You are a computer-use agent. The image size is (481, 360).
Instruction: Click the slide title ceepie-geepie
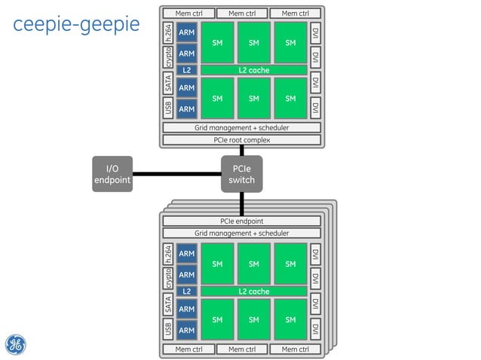(76, 24)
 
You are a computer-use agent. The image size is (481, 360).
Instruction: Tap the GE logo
(17, 344)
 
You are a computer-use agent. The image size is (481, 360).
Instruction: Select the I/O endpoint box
(112, 174)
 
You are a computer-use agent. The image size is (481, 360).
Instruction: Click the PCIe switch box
(241, 174)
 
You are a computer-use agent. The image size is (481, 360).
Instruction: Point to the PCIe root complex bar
(242, 139)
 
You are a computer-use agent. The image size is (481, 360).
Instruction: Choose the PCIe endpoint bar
(242, 221)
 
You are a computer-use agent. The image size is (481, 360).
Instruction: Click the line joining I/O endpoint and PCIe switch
(177, 174)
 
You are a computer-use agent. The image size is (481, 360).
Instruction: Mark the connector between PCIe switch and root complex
(242, 151)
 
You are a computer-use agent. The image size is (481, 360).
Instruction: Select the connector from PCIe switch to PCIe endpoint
(242, 202)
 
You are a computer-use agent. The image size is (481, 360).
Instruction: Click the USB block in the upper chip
(168, 108)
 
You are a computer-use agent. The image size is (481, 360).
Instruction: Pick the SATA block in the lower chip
(168, 304)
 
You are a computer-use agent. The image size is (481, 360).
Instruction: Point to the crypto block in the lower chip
(168, 279)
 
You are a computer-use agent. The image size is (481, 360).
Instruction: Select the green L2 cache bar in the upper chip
(254, 70)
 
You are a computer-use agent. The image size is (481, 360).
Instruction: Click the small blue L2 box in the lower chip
(186, 291)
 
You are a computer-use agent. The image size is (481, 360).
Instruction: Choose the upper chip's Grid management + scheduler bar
(242, 127)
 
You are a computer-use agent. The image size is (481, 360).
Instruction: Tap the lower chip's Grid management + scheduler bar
(242, 233)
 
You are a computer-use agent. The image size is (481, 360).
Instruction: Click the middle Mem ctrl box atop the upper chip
(242, 13)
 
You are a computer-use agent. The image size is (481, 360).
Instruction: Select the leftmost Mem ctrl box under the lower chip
(188, 349)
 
